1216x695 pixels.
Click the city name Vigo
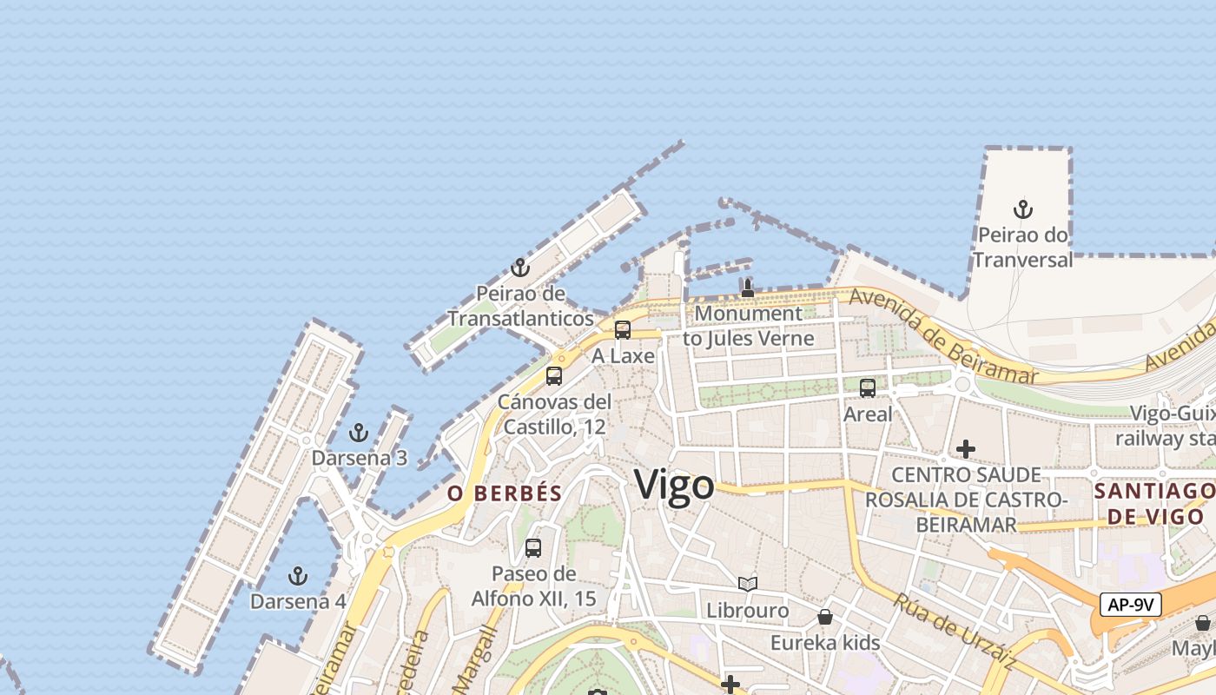[x=674, y=485]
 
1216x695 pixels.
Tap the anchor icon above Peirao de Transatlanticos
[x=520, y=268]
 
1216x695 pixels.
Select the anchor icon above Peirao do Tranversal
[x=1023, y=209]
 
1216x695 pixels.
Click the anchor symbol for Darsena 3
[x=358, y=433]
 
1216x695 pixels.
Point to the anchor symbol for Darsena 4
[x=298, y=576]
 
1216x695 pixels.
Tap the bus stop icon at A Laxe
[x=623, y=330]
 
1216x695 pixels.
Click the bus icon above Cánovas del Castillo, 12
[x=554, y=376]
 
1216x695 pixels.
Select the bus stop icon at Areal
[x=868, y=388]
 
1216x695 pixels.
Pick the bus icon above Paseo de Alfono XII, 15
[x=533, y=548]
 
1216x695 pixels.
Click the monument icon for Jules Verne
[x=748, y=288]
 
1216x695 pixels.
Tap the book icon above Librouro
[x=748, y=585]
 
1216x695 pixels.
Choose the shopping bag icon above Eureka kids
[x=825, y=617]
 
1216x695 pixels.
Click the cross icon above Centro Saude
[x=965, y=449]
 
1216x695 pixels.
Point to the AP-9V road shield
[x=1131, y=605]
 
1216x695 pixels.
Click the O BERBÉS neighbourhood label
[x=505, y=493]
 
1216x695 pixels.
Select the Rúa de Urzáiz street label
[x=955, y=631]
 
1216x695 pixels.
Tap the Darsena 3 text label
[x=360, y=458]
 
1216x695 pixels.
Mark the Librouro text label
[x=748, y=611]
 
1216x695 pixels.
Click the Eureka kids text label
[x=825, y=643]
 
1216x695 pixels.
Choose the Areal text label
[x=868, y=414]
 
